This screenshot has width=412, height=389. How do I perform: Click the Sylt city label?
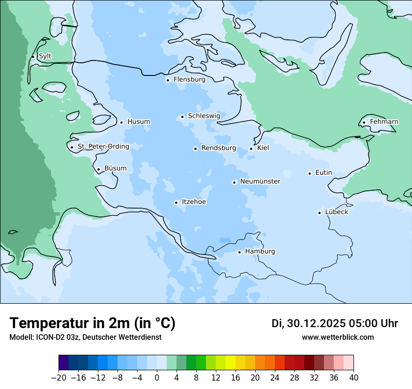pyautogui.click(x=45, y=56)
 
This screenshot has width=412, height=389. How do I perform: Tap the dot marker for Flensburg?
pyautogui.click(x=168, y=80)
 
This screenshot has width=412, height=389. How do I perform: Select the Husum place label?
pyautogui.click(x=139, y=122)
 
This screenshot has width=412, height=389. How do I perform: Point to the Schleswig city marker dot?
pyautogui.click(x=183, y=117)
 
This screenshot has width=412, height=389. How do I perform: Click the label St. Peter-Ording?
pyautogui.click(x=103, y=147)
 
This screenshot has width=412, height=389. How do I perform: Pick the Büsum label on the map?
pyautogui.click(x=115, y=169)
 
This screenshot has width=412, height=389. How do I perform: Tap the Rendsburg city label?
pyautogui.click(x=218, y=148)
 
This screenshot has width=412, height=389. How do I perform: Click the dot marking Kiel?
pyautogui.click(x=251, y=149)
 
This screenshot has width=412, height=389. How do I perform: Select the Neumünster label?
pyautogui.click(x=260, y=181)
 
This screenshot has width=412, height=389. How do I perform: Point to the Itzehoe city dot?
pyautogui.click(x=176, y=202)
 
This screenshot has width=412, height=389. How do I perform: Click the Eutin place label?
pyautogui.click(x=324, y=173)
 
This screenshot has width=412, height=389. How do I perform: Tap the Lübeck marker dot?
pyautogui.click(x=319, y=213)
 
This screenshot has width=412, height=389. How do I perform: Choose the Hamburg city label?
pyautogui.click(x=260, y=252)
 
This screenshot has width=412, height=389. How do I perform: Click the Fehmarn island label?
pyautogui.click(x=384, y=122)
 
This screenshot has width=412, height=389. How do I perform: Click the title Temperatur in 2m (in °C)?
pyautogui.click(x=92, y=323)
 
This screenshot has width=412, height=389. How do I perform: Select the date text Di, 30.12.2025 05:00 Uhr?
pyautogui.click(x=335, y=323)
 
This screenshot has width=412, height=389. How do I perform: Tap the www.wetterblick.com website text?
pyautogui.click(x=338, y=337)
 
